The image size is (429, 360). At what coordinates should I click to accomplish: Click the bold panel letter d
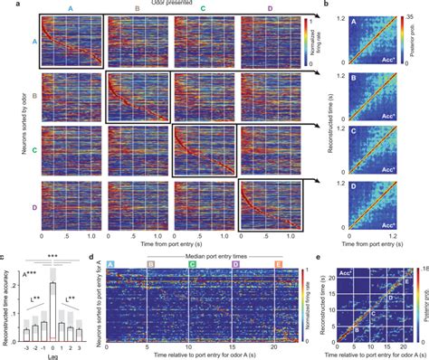(99, 261)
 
